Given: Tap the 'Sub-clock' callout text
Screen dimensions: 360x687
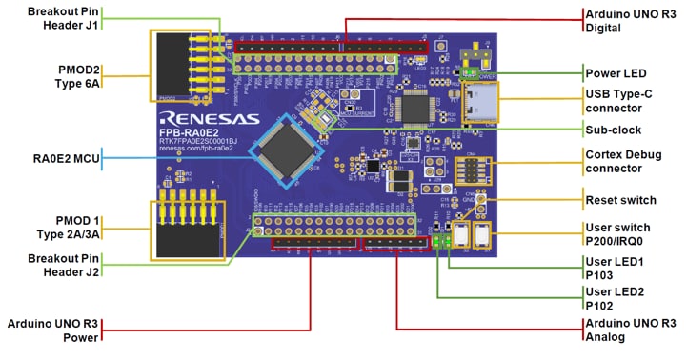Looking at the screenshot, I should coord(614,129).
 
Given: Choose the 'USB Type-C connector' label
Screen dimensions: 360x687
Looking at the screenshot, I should coord(624,100).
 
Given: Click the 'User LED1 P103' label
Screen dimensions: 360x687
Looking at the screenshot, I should coord(615,268).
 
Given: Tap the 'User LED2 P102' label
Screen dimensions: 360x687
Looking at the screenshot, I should coord(615,298).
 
